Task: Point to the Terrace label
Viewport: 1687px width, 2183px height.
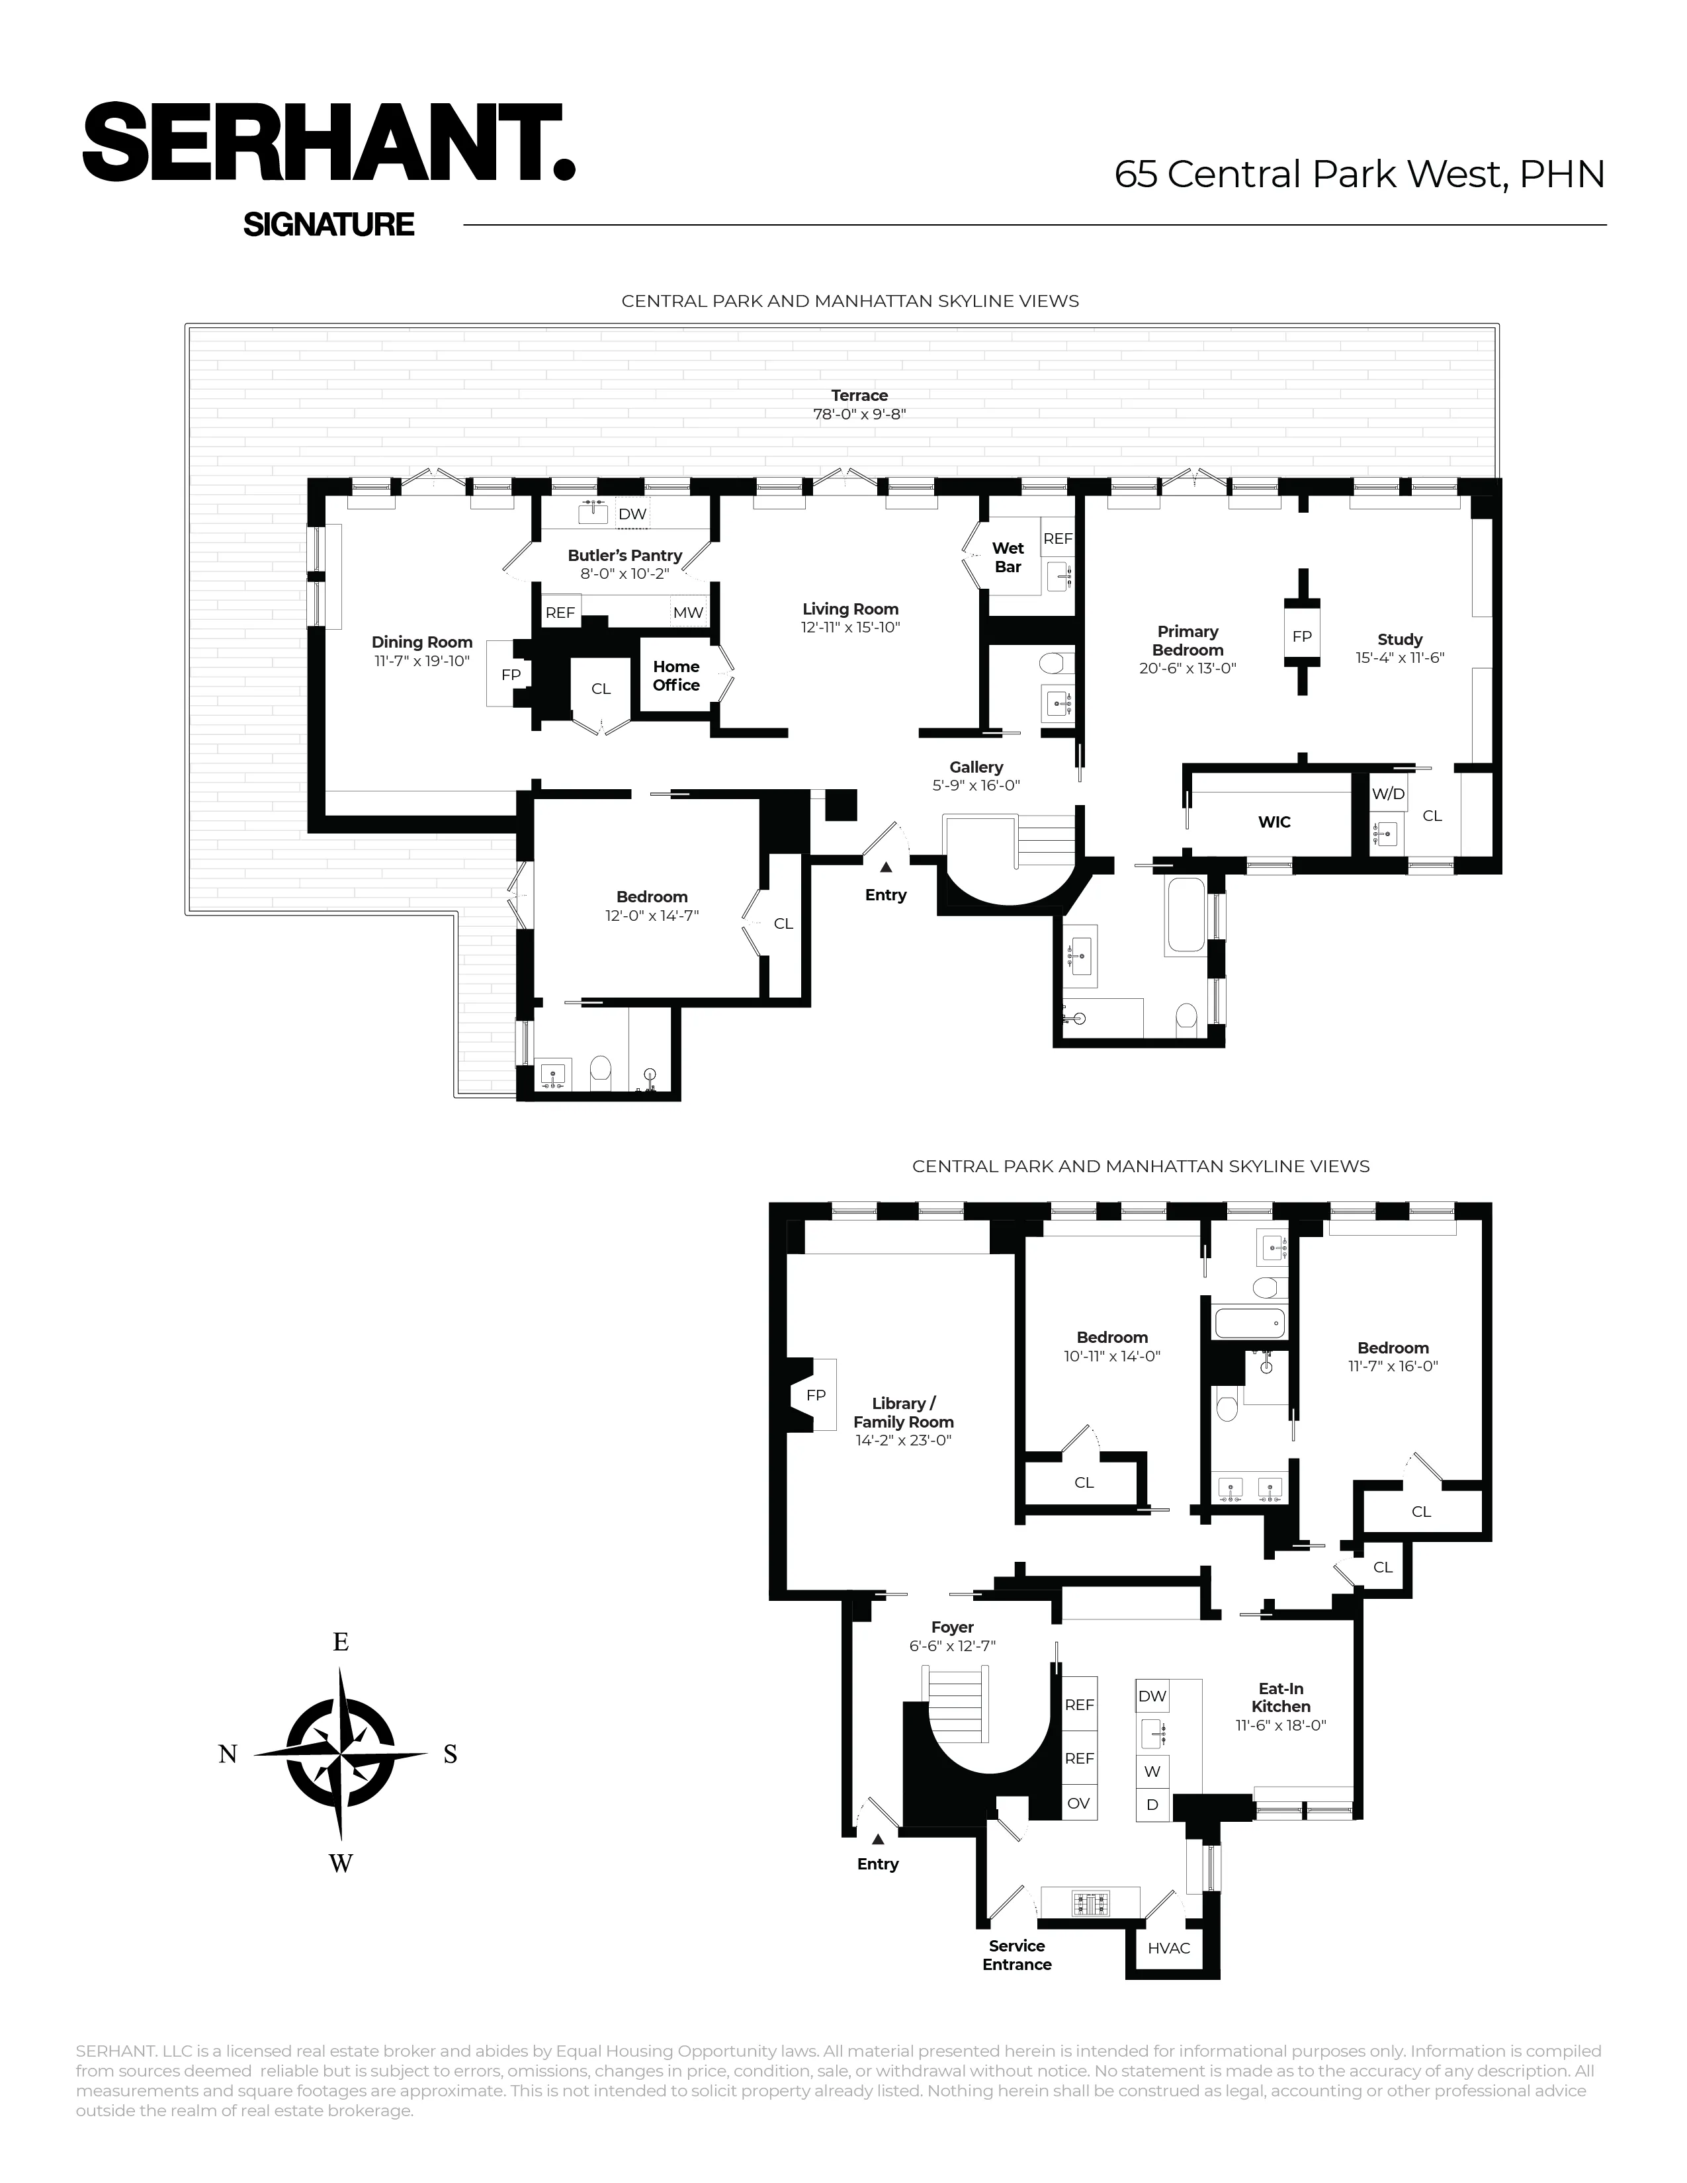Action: [859, 396]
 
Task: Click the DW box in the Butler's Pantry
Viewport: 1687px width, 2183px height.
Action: [632, 515]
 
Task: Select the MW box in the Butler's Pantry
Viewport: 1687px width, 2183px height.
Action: [687, 613]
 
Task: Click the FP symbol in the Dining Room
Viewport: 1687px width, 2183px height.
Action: [511, 675]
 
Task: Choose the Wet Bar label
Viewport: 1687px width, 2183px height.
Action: [1008, 558]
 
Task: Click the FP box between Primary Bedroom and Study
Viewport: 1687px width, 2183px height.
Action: [1301, 636]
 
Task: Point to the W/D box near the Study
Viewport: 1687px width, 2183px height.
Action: [1387, 794]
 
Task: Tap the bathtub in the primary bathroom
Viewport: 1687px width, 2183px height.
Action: [1186, 916]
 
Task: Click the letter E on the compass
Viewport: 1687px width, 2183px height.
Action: [341, 1643]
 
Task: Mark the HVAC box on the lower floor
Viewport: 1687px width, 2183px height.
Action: [1168, 1948]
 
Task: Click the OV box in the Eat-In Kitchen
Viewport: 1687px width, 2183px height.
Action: [1078, 1804]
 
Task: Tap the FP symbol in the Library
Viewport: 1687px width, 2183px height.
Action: [816, 1394]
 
